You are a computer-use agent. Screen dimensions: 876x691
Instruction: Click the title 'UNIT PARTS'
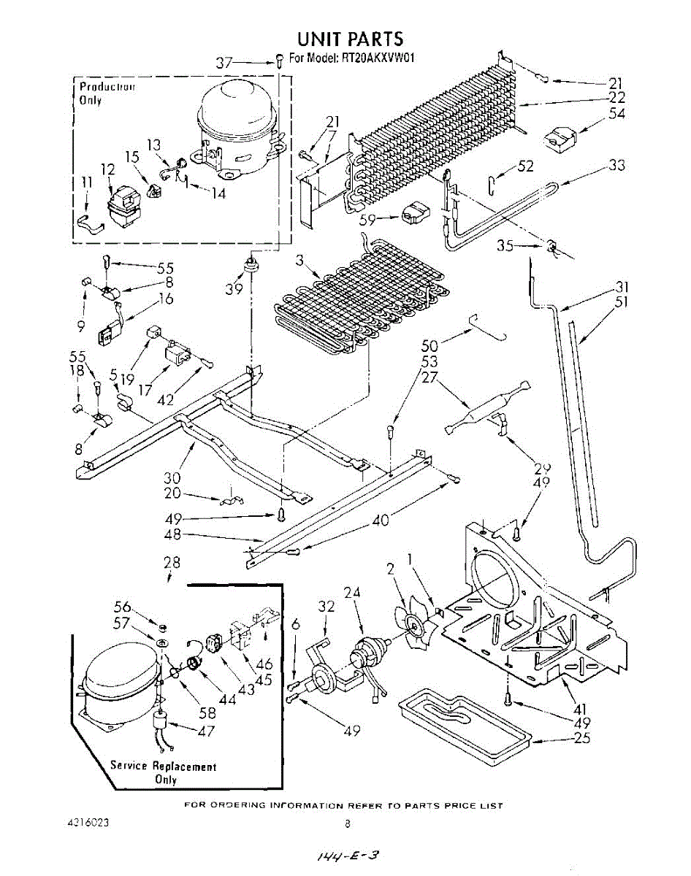(x=349, y=38)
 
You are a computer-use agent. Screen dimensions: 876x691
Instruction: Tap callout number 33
(x=616, y=166)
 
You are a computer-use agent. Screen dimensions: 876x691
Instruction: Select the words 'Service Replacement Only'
(x=164, y=772)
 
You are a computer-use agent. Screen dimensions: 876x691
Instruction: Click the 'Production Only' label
(x=107, y=93)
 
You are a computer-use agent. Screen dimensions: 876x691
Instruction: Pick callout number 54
(x=617, y=113)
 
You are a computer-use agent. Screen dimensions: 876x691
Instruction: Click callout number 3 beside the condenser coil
(x=299, y=261)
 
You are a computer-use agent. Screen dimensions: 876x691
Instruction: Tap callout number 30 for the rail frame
(x=172, y=479)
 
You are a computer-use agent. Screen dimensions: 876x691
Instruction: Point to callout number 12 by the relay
(x=107, y=169)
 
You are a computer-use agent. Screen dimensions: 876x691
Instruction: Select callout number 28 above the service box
(x=172, y=563)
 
